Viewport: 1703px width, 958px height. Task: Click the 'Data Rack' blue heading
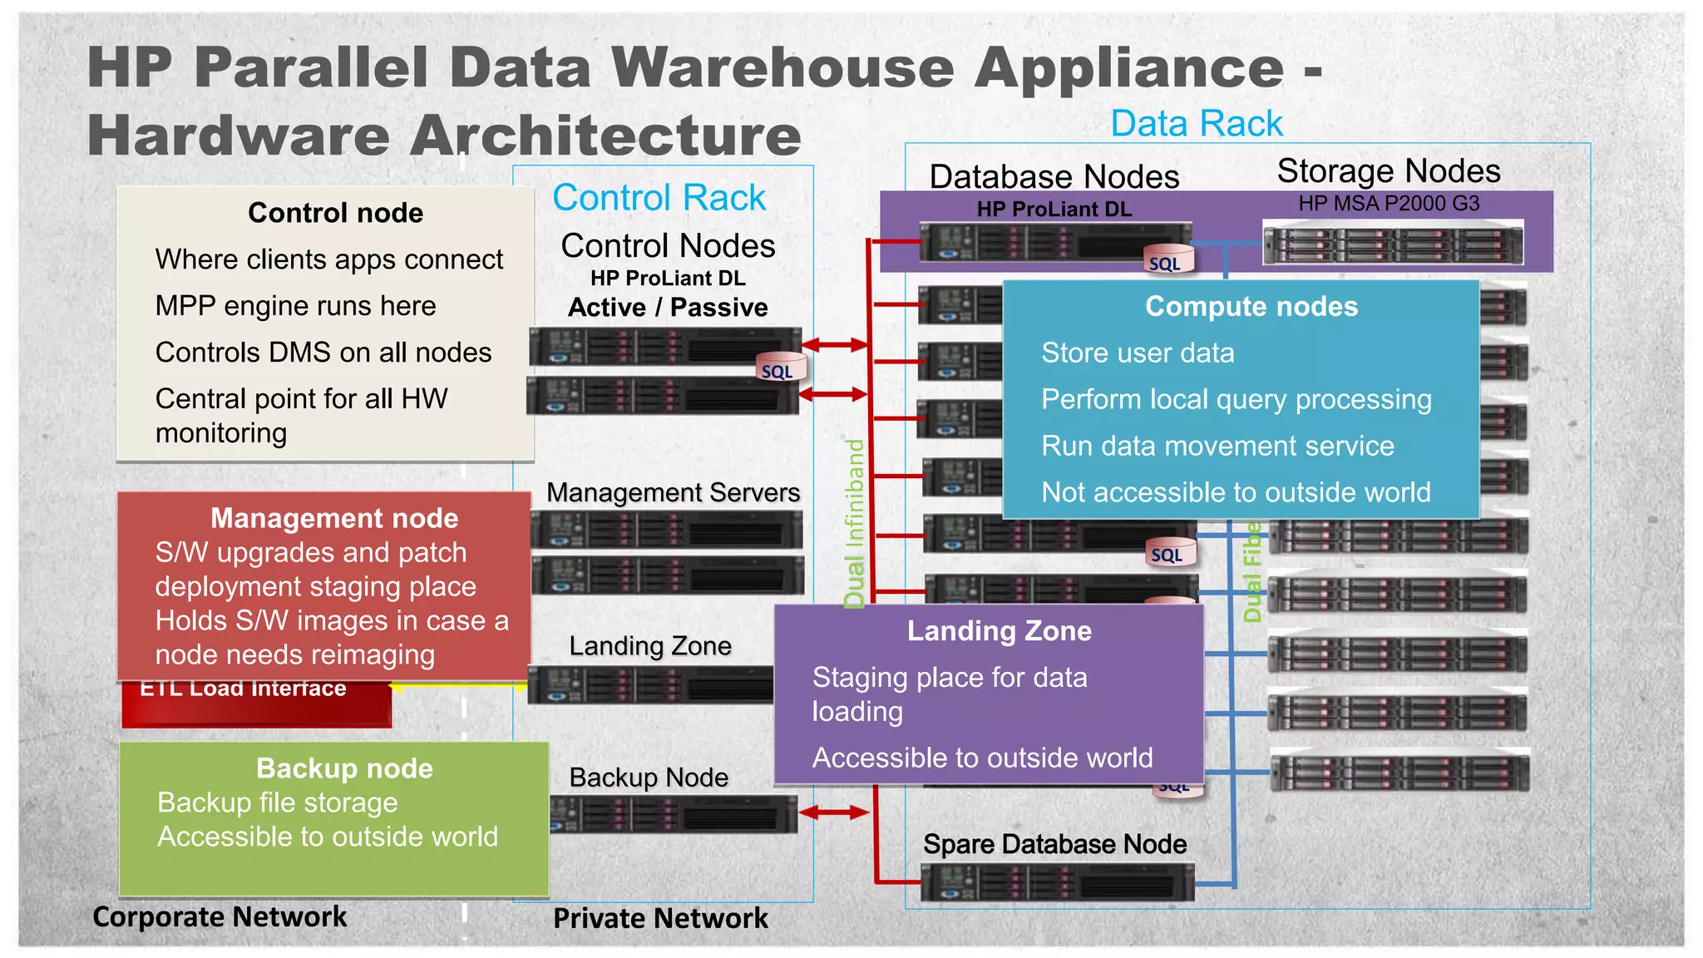[1196, 124]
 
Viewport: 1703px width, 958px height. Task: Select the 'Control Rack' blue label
[659, 198]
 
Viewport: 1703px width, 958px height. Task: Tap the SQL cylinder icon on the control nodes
[780, 368]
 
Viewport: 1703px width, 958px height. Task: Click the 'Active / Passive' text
[668, 308]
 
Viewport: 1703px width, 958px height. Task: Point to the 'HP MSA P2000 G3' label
[1389, 204]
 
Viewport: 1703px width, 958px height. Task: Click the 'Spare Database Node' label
[1054, 844]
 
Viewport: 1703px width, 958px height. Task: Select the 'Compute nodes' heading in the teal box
[1251, 307]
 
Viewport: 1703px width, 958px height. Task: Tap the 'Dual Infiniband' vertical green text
[855, 524]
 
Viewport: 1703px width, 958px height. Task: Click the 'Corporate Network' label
[220, 916]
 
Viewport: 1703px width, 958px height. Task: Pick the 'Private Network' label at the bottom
[660, 918]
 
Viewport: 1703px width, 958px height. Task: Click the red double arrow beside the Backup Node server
[833, 812]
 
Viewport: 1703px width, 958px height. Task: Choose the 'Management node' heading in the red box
[334, 518]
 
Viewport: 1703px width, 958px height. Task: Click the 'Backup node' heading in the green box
[344, 768]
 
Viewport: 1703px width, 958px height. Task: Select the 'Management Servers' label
[673, 492]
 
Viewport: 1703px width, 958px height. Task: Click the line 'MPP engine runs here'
[295, 306]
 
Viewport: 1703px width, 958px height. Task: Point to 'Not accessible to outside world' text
[1236, 492]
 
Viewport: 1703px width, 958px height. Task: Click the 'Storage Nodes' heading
[1388, 171]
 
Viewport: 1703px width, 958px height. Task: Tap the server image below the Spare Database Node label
[1057, 883]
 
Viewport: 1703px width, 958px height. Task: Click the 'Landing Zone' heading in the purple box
[999, 631]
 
